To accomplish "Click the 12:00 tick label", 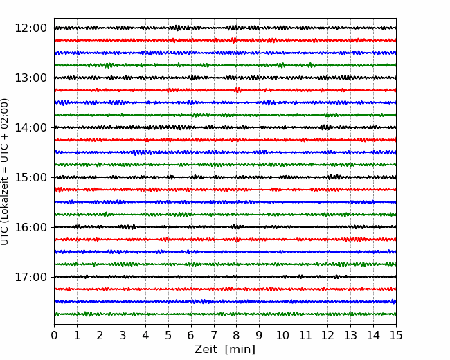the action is point(30,28).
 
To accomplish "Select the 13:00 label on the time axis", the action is point(30,78).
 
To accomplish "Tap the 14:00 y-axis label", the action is point(30,127).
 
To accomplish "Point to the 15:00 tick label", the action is point(30,177).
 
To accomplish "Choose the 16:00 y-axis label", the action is point(30,227).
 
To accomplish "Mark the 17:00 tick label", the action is point(30,277).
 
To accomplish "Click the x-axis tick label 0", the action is point(54,335).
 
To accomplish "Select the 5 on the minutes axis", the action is point(168,335).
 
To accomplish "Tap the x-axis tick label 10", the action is point(282,335).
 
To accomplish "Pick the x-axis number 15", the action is point(396,335).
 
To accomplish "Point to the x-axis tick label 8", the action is point(237,335).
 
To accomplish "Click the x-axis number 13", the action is point(350,335).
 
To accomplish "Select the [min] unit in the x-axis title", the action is point(240,350).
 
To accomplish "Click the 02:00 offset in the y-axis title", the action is point(5,111).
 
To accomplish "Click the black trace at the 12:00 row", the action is point(225,28).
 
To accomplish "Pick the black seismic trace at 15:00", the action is point(225,177).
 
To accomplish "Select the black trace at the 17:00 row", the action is point(225,277).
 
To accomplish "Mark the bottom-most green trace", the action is point(225,314).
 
